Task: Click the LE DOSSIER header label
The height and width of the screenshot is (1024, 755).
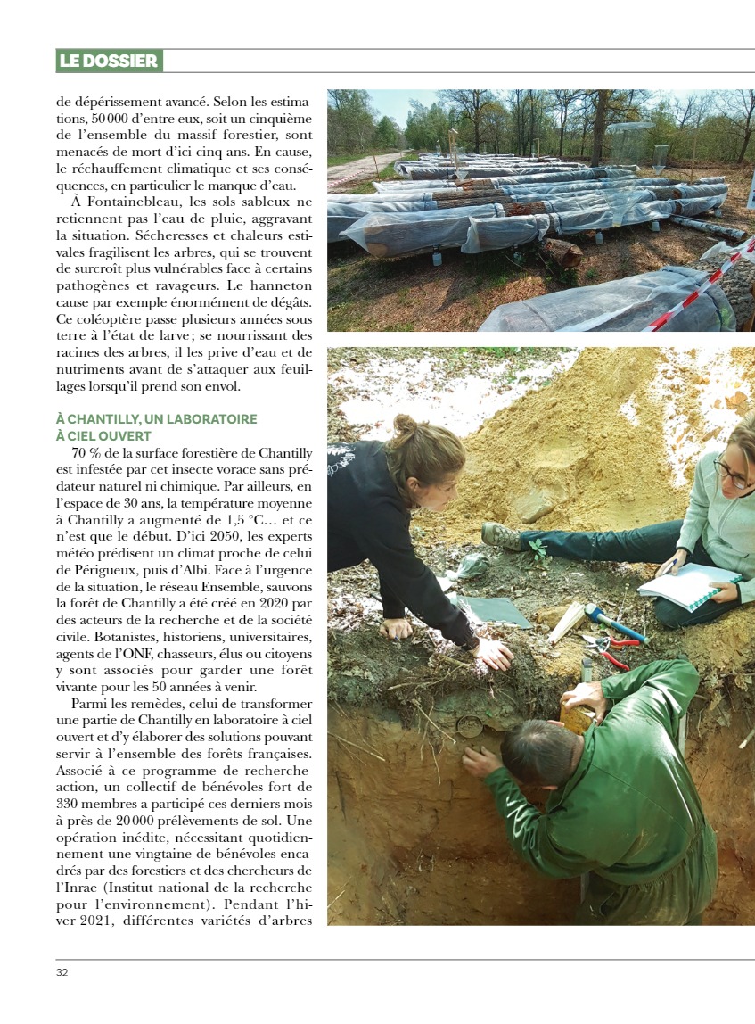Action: tap(109, 62)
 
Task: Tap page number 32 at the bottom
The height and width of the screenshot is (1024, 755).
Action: tap(62, 971)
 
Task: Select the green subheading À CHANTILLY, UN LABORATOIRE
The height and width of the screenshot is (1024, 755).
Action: tap(156, 419)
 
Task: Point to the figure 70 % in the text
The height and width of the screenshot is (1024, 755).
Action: tap(85, 453)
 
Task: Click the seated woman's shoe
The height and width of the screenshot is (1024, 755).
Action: tap(502, 536)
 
